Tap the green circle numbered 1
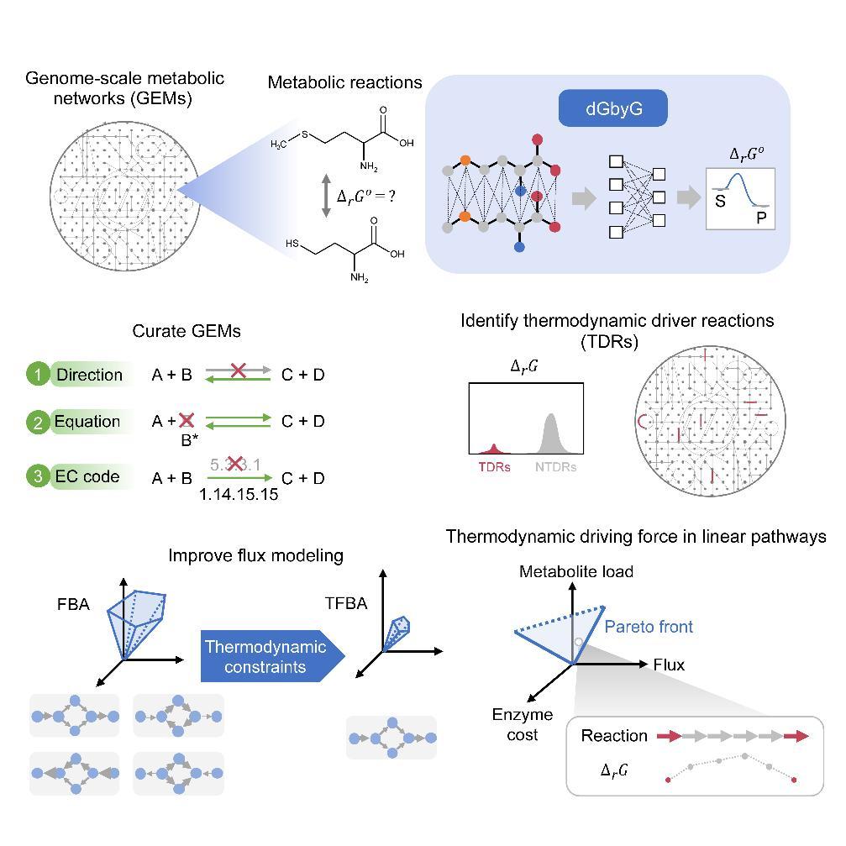39,375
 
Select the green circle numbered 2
39,422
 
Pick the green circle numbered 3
39,476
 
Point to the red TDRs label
494,467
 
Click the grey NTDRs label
555,467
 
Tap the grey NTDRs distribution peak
550,420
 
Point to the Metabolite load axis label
575,572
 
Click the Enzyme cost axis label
523,724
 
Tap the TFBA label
345,603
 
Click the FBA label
72,603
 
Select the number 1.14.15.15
239,495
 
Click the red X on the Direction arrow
239,369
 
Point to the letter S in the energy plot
720,202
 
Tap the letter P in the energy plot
760,218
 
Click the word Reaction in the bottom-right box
614,736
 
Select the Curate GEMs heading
187,331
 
